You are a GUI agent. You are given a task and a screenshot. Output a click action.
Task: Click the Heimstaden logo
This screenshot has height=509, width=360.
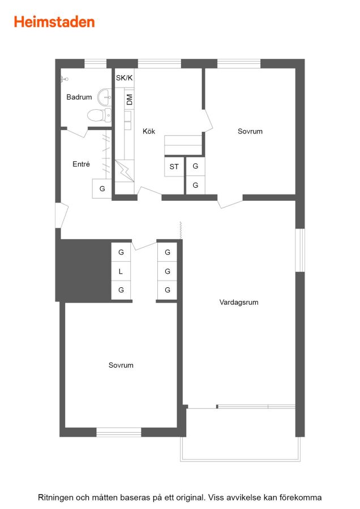(x=54, y=22)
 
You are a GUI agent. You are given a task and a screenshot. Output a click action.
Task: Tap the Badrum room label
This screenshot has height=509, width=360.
(x=79, y=97)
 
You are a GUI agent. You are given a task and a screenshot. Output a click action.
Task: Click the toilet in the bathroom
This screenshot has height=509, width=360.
(x=100, y=115)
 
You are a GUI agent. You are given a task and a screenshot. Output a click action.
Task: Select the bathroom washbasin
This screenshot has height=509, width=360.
(x=105, y=97)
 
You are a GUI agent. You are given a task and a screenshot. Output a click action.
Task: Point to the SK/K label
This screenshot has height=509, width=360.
(x=124, y=78)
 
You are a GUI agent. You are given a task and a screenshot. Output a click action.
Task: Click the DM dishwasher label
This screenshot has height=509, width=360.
(x=130, y=100)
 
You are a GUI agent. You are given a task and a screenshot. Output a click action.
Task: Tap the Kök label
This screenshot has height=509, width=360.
(x=149, y=131)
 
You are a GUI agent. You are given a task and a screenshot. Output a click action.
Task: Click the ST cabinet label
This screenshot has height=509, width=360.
(x=174, y=167)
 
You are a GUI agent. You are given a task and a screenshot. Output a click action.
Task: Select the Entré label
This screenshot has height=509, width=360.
(x=81, y=164)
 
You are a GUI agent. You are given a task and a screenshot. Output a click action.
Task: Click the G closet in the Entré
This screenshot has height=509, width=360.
(x=102, y=188)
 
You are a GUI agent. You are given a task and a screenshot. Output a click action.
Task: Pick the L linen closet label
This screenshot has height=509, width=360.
(x=121, y=271)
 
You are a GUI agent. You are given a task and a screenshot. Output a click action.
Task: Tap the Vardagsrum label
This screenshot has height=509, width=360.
(x=239, y=303)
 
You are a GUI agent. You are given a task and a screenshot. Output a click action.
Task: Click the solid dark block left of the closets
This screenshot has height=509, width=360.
(x=84, y=270)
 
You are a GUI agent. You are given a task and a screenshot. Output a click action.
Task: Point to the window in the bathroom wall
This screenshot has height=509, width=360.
(x=95, y=63)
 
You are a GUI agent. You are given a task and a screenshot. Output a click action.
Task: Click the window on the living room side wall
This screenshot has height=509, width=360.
(x=300, y=251)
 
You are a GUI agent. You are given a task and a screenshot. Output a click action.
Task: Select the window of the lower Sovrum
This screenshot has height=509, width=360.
(x=119, y=432)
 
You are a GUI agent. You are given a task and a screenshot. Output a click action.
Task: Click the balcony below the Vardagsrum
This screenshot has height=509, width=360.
(x=241, y=434)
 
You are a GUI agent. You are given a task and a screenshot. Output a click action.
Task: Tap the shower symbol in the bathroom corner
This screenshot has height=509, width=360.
(x=65, y=79)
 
